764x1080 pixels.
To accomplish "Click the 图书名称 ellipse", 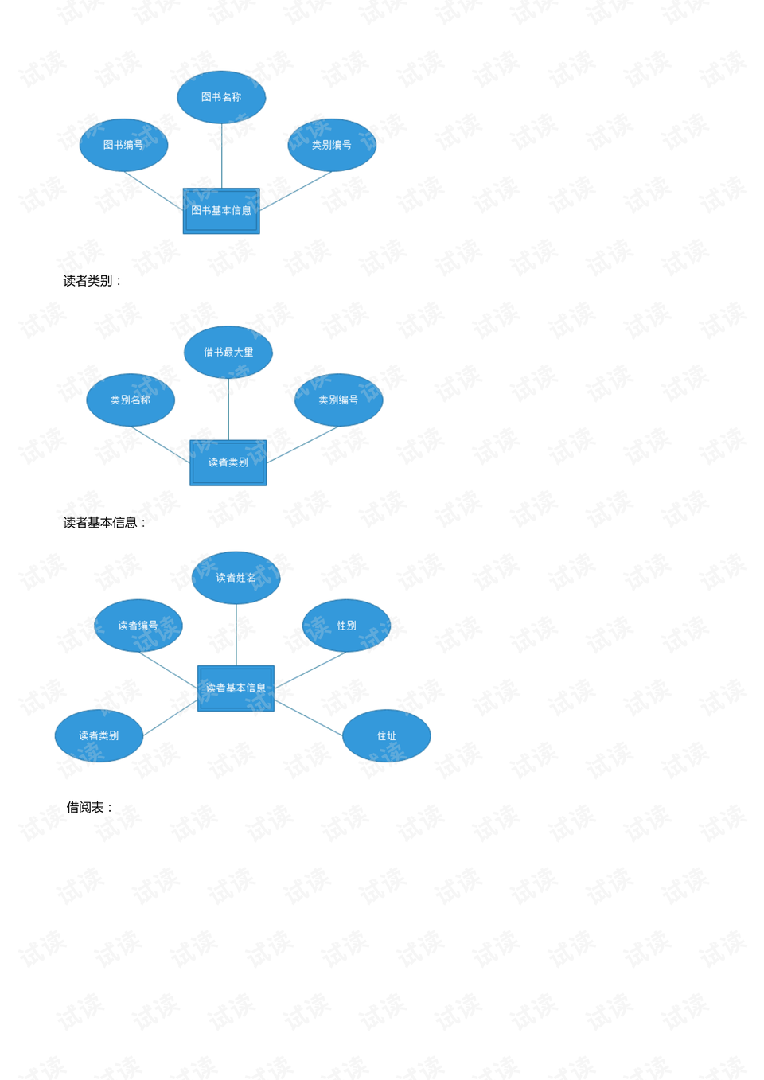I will [x=221, y=97].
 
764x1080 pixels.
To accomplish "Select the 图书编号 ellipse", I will [x=123, y=145].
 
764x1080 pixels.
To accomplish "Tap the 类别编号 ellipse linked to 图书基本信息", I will [x=332, y=145].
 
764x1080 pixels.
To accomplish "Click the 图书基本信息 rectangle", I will [x=221, y=211].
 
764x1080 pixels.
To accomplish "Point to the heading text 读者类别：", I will [x=93, y=281].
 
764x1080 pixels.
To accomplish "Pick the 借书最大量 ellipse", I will [x=228, y=352].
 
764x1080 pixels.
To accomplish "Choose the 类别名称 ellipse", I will [x=131, y=400].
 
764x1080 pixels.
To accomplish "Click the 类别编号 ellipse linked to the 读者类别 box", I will [x=339, y=400].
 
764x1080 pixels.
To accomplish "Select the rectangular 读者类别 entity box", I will [x=228, y=462].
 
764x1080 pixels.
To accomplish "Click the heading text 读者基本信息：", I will [x=105, y=523].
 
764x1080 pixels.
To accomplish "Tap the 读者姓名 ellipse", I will [x=236, y=578].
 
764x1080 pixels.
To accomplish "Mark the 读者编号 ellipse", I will [x=138, y=626].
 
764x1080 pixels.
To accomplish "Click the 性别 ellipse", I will [x=346, y=626].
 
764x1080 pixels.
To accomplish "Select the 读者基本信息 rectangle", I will [x=236, y=688].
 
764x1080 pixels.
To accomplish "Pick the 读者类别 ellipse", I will [x=99, y=735].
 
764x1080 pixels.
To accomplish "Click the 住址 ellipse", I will [x=387, y=735].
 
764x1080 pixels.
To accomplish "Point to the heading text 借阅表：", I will [x=90, y=808].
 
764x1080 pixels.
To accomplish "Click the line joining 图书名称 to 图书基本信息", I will [x=221, y=155].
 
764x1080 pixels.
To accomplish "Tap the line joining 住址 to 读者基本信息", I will [x=309, y=718].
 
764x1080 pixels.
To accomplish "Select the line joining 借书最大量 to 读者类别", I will [x=228, y=409].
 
